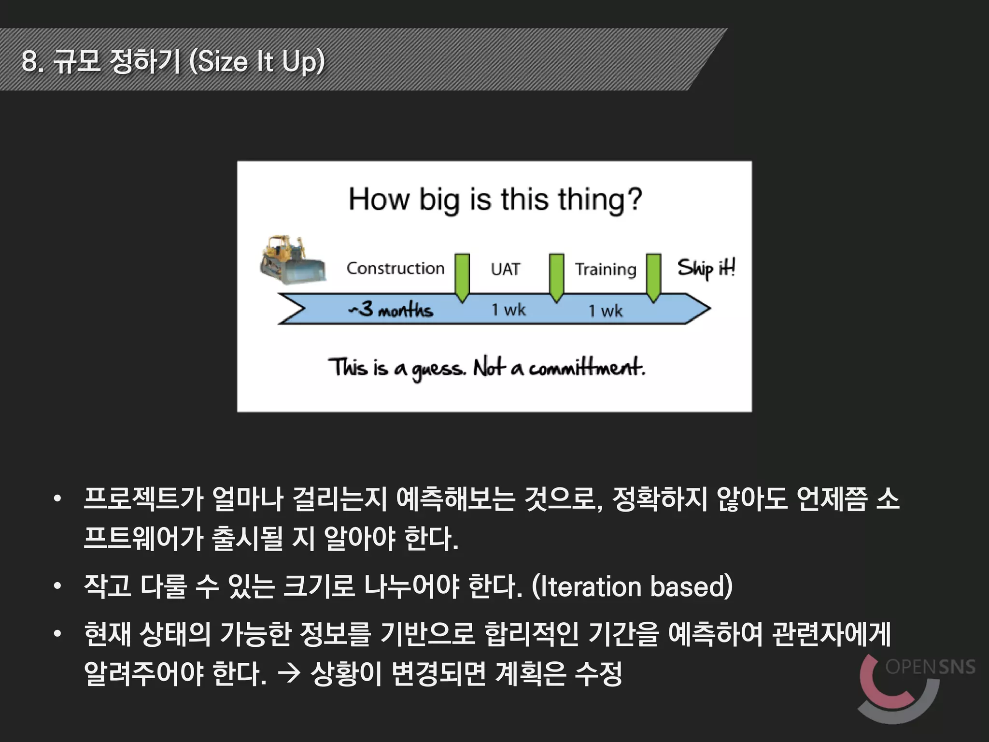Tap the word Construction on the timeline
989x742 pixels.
(x=395, y=268)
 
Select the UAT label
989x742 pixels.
(x=505, y=269)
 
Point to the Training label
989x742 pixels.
(x=606, y=270)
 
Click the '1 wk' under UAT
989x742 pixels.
(x=508, y=309)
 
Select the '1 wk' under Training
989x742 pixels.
(x=605, y=311)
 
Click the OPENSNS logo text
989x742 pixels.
(x=930, y=667)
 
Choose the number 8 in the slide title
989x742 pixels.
(x=30, y=61)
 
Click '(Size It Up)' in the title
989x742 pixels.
(x=257, y=62)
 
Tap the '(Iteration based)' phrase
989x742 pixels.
(x=632, y=586)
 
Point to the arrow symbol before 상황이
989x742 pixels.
(x=289, y=673)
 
